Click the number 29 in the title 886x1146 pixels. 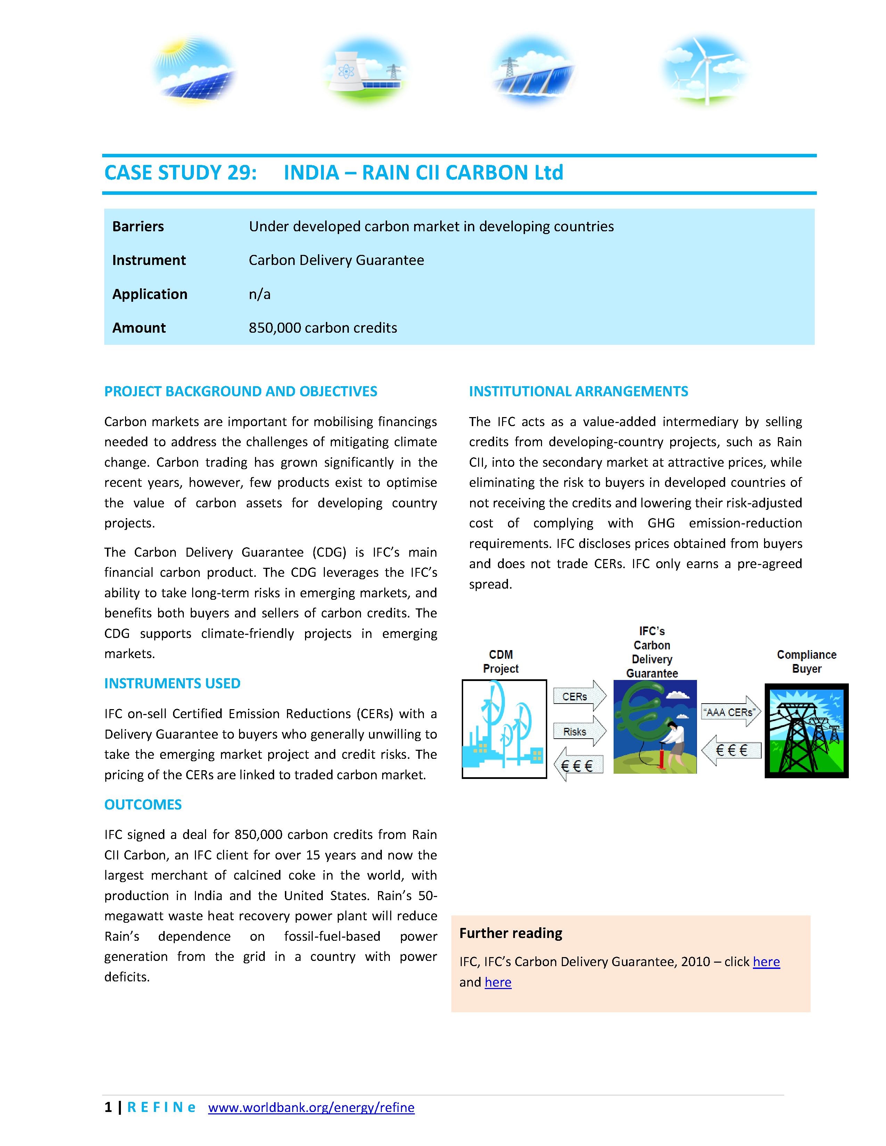240,173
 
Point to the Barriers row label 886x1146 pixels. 138,227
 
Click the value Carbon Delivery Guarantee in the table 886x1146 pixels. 336,260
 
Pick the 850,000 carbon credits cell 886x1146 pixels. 323,328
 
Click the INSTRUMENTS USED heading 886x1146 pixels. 172,683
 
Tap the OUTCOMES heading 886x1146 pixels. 143,804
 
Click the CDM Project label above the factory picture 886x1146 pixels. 501,662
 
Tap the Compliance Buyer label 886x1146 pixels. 806,662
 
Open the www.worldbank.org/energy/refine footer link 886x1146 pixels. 311,1108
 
